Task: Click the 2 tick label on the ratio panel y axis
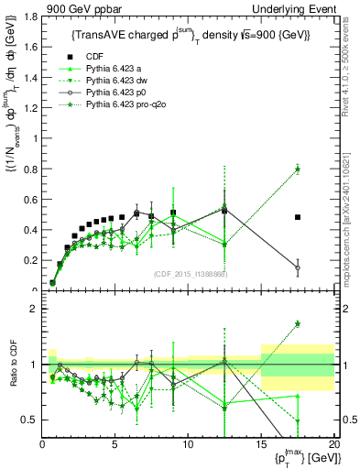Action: tap(33, 309)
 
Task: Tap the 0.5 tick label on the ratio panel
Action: tap(29, 420)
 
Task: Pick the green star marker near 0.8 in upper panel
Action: tap(298, 169)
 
